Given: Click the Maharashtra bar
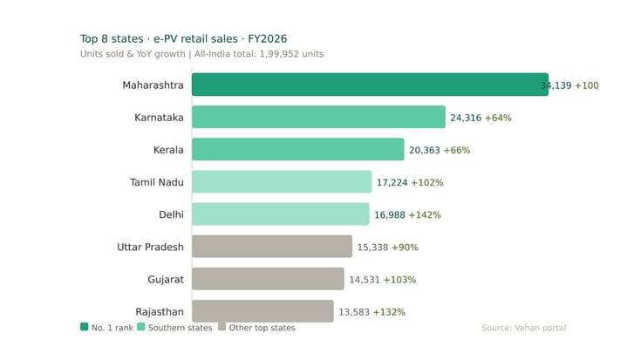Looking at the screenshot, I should point(370,85).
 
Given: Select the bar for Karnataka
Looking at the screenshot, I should point(318,117).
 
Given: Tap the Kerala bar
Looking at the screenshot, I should point(297,149).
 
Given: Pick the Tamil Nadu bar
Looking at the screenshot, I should point(282,181).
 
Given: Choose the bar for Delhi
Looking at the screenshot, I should point(280,214).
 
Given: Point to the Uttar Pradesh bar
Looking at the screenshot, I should point(272,247).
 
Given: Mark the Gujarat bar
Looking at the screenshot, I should point(268,279).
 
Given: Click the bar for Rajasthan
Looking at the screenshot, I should point(263,311).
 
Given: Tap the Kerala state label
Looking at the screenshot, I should point(168,150).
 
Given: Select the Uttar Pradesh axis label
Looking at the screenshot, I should point(150,247).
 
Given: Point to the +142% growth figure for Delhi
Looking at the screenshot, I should point(424,215).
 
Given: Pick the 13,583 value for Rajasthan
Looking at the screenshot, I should point(353,312).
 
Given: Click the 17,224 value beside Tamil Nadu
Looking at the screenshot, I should point(392,183).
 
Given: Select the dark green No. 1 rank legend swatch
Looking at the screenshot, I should point(84,327).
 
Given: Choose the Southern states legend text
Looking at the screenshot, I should point(181,328).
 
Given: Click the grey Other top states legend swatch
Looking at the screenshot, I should point(222,327).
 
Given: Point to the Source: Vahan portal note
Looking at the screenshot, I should point(523,328).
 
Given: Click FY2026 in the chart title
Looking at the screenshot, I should point(267,38).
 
